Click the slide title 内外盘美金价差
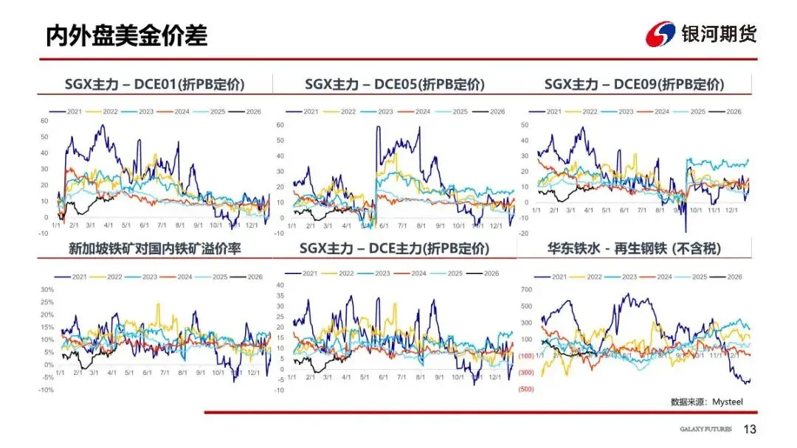(126, 35)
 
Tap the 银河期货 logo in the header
(700, 33)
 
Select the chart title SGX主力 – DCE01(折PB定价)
(154, 84)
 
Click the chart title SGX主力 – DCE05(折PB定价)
(395, 84)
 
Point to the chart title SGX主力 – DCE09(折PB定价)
(634, 84)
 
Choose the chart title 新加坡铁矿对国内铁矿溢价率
(154, 249)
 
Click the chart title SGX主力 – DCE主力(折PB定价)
(395, 249)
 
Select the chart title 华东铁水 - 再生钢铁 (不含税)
(634, 249)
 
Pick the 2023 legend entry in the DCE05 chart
(379, 111)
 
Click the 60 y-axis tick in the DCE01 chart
(44, 121)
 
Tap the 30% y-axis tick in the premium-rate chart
(48, 290)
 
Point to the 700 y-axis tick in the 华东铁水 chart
(525, 290)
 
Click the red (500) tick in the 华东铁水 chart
(526, 389)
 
